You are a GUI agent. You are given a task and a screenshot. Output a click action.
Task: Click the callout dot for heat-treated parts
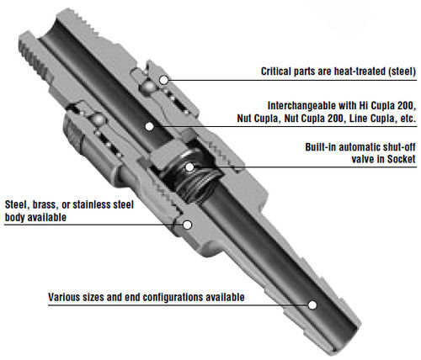click(x=163, y=80)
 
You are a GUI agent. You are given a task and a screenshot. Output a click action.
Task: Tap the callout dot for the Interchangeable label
click(x=149, y=127)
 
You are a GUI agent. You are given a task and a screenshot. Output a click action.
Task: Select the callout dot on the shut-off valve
click(x=189, y=167)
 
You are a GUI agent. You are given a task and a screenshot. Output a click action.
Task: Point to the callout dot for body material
click(x=187, y=225)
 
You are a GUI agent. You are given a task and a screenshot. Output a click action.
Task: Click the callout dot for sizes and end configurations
click(x=312, y=305)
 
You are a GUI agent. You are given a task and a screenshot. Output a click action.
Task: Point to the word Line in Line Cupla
click(x=357, y=119)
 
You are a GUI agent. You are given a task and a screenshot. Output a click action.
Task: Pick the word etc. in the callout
click(x=408, y=119)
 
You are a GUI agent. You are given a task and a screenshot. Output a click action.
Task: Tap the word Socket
click(x=401, y=159)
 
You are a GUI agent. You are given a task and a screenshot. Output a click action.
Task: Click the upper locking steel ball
click(x=148, y=88)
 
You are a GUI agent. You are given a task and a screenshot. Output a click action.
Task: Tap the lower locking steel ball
click(x=99, y=119)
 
